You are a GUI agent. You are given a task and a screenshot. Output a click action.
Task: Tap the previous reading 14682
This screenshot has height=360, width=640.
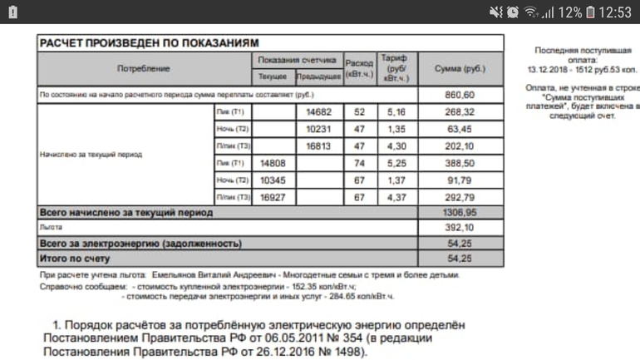[x=319, y=111]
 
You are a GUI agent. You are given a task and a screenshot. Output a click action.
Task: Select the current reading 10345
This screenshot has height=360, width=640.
[x=274, y=180]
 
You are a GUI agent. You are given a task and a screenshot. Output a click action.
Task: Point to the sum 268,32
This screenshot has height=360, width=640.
[x=460, y=111]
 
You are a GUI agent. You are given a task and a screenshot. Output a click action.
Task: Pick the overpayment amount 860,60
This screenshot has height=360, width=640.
[x=460, y=95]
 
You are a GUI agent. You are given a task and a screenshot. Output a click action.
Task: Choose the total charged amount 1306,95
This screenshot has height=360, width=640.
[x=460, y=213]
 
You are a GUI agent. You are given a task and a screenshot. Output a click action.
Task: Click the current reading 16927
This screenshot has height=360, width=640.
[x=274, y=198]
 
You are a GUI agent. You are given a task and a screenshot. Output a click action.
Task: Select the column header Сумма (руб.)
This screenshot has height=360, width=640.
[x=460, y=68]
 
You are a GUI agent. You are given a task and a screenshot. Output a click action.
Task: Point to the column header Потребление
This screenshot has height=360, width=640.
[x=143, y=68]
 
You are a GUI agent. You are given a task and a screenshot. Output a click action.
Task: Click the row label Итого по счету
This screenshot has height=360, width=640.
[x=76, y=259]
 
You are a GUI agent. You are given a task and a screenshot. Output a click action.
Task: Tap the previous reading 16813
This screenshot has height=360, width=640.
[x=319, y=146]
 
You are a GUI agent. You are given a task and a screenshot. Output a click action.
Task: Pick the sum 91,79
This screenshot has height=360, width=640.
[x=460, y=180]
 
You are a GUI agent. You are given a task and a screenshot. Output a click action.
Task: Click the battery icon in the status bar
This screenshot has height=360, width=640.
[x=590, y=12]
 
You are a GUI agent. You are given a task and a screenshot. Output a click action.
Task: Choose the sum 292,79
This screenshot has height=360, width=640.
[x=460, y=198]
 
